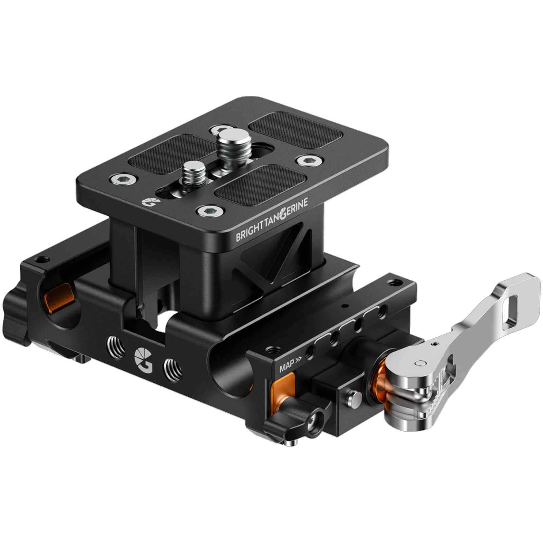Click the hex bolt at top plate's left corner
(x=123, y=179)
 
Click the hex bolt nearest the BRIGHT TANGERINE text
(x=211, y=211)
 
